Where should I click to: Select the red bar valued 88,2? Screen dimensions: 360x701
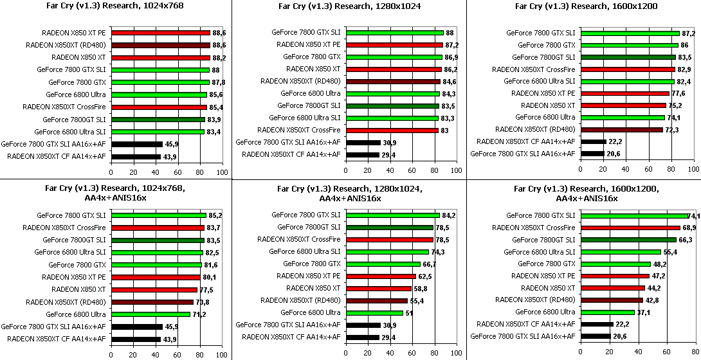click(160, 57)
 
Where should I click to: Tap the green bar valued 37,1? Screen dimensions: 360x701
click(608, 312)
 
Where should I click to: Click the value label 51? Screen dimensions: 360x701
click(410, 313)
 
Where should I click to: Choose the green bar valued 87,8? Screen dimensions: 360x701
click(160, 82)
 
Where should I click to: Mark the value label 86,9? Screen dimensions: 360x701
click(453, 57)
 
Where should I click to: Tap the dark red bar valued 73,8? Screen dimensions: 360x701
click(152, 301)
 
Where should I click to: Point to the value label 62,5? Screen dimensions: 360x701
click(426, 276)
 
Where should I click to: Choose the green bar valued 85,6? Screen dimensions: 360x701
click(159, 94)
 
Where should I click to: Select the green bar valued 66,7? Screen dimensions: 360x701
click(383, 264)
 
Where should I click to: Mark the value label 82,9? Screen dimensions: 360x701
click(684, 69)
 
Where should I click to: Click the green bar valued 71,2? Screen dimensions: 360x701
click(150, 314)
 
